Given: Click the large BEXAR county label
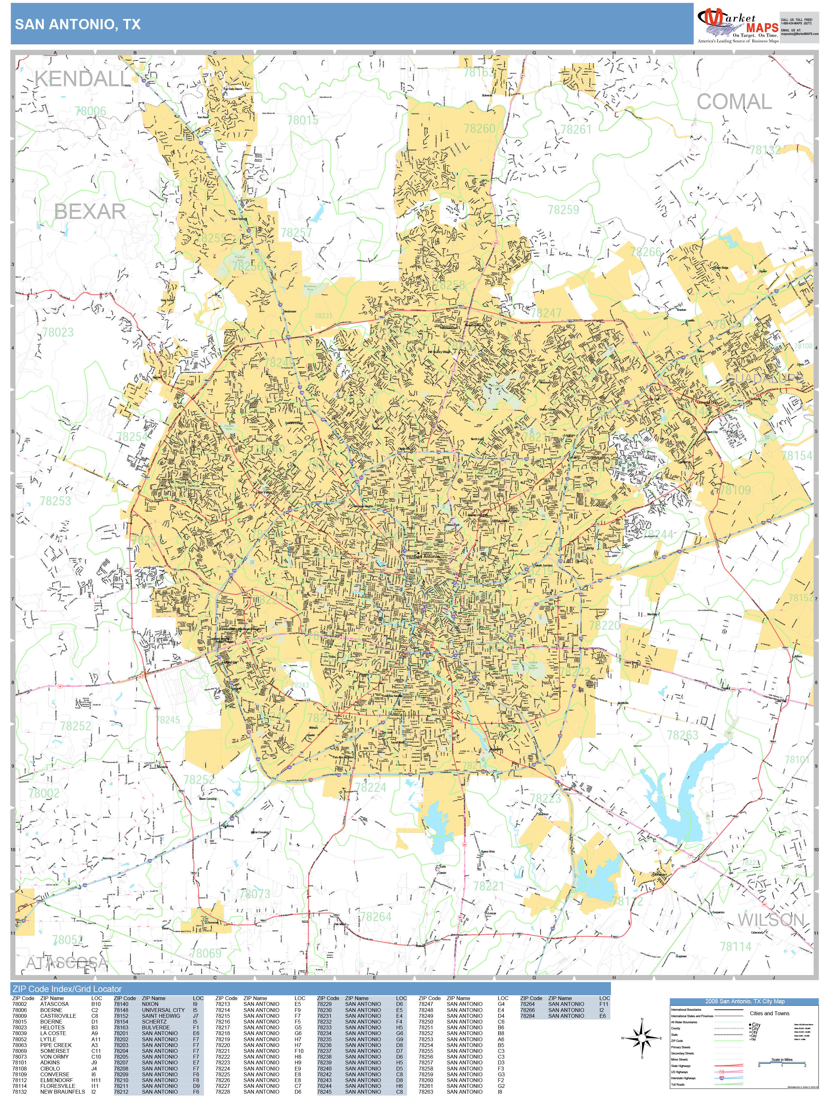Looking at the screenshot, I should [90, 212].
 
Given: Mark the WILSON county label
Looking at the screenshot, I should [771, 920].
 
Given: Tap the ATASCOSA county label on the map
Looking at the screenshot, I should [67, 962].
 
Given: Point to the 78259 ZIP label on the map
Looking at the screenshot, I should [563, 210].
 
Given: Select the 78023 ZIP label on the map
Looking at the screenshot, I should [58, 332].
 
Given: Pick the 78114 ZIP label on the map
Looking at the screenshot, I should [736, 947].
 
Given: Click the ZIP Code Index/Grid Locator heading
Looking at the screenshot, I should [67, 989].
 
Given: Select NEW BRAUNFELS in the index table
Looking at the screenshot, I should [63, 1091].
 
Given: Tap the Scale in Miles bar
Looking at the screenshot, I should [782, 1063].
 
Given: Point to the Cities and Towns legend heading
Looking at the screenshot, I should [769, 1013].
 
